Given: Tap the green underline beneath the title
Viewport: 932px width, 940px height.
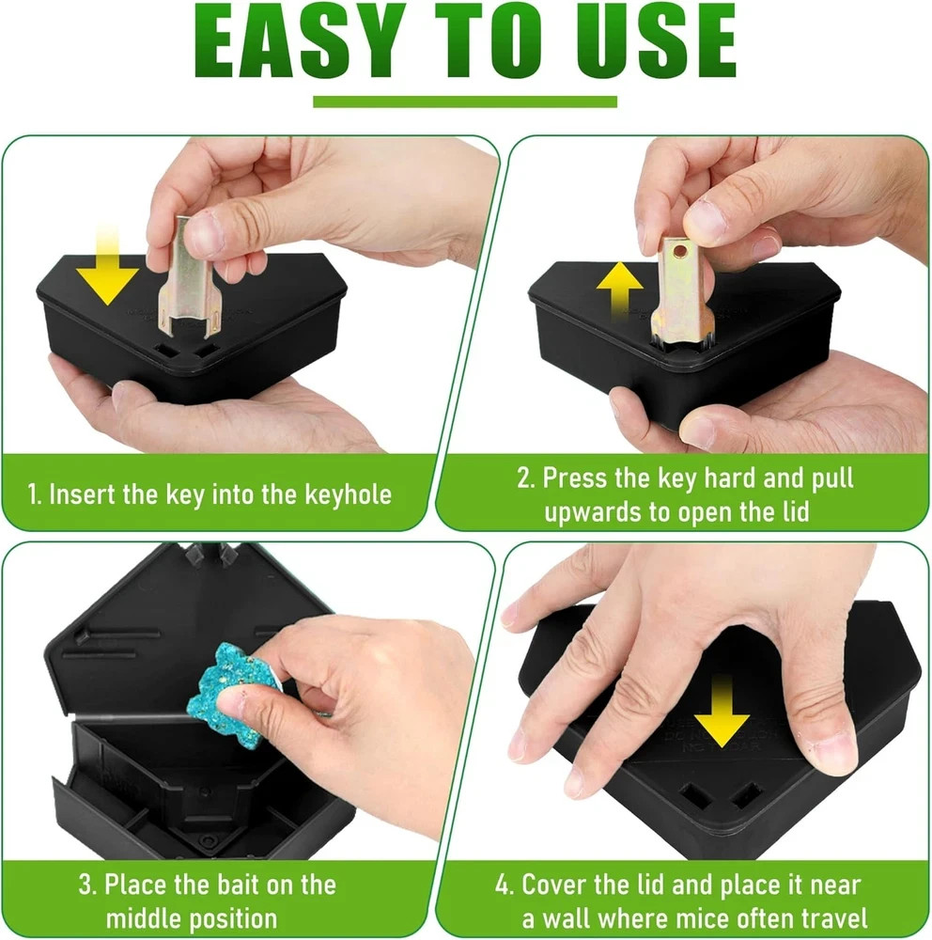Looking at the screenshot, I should pos(465,102).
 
